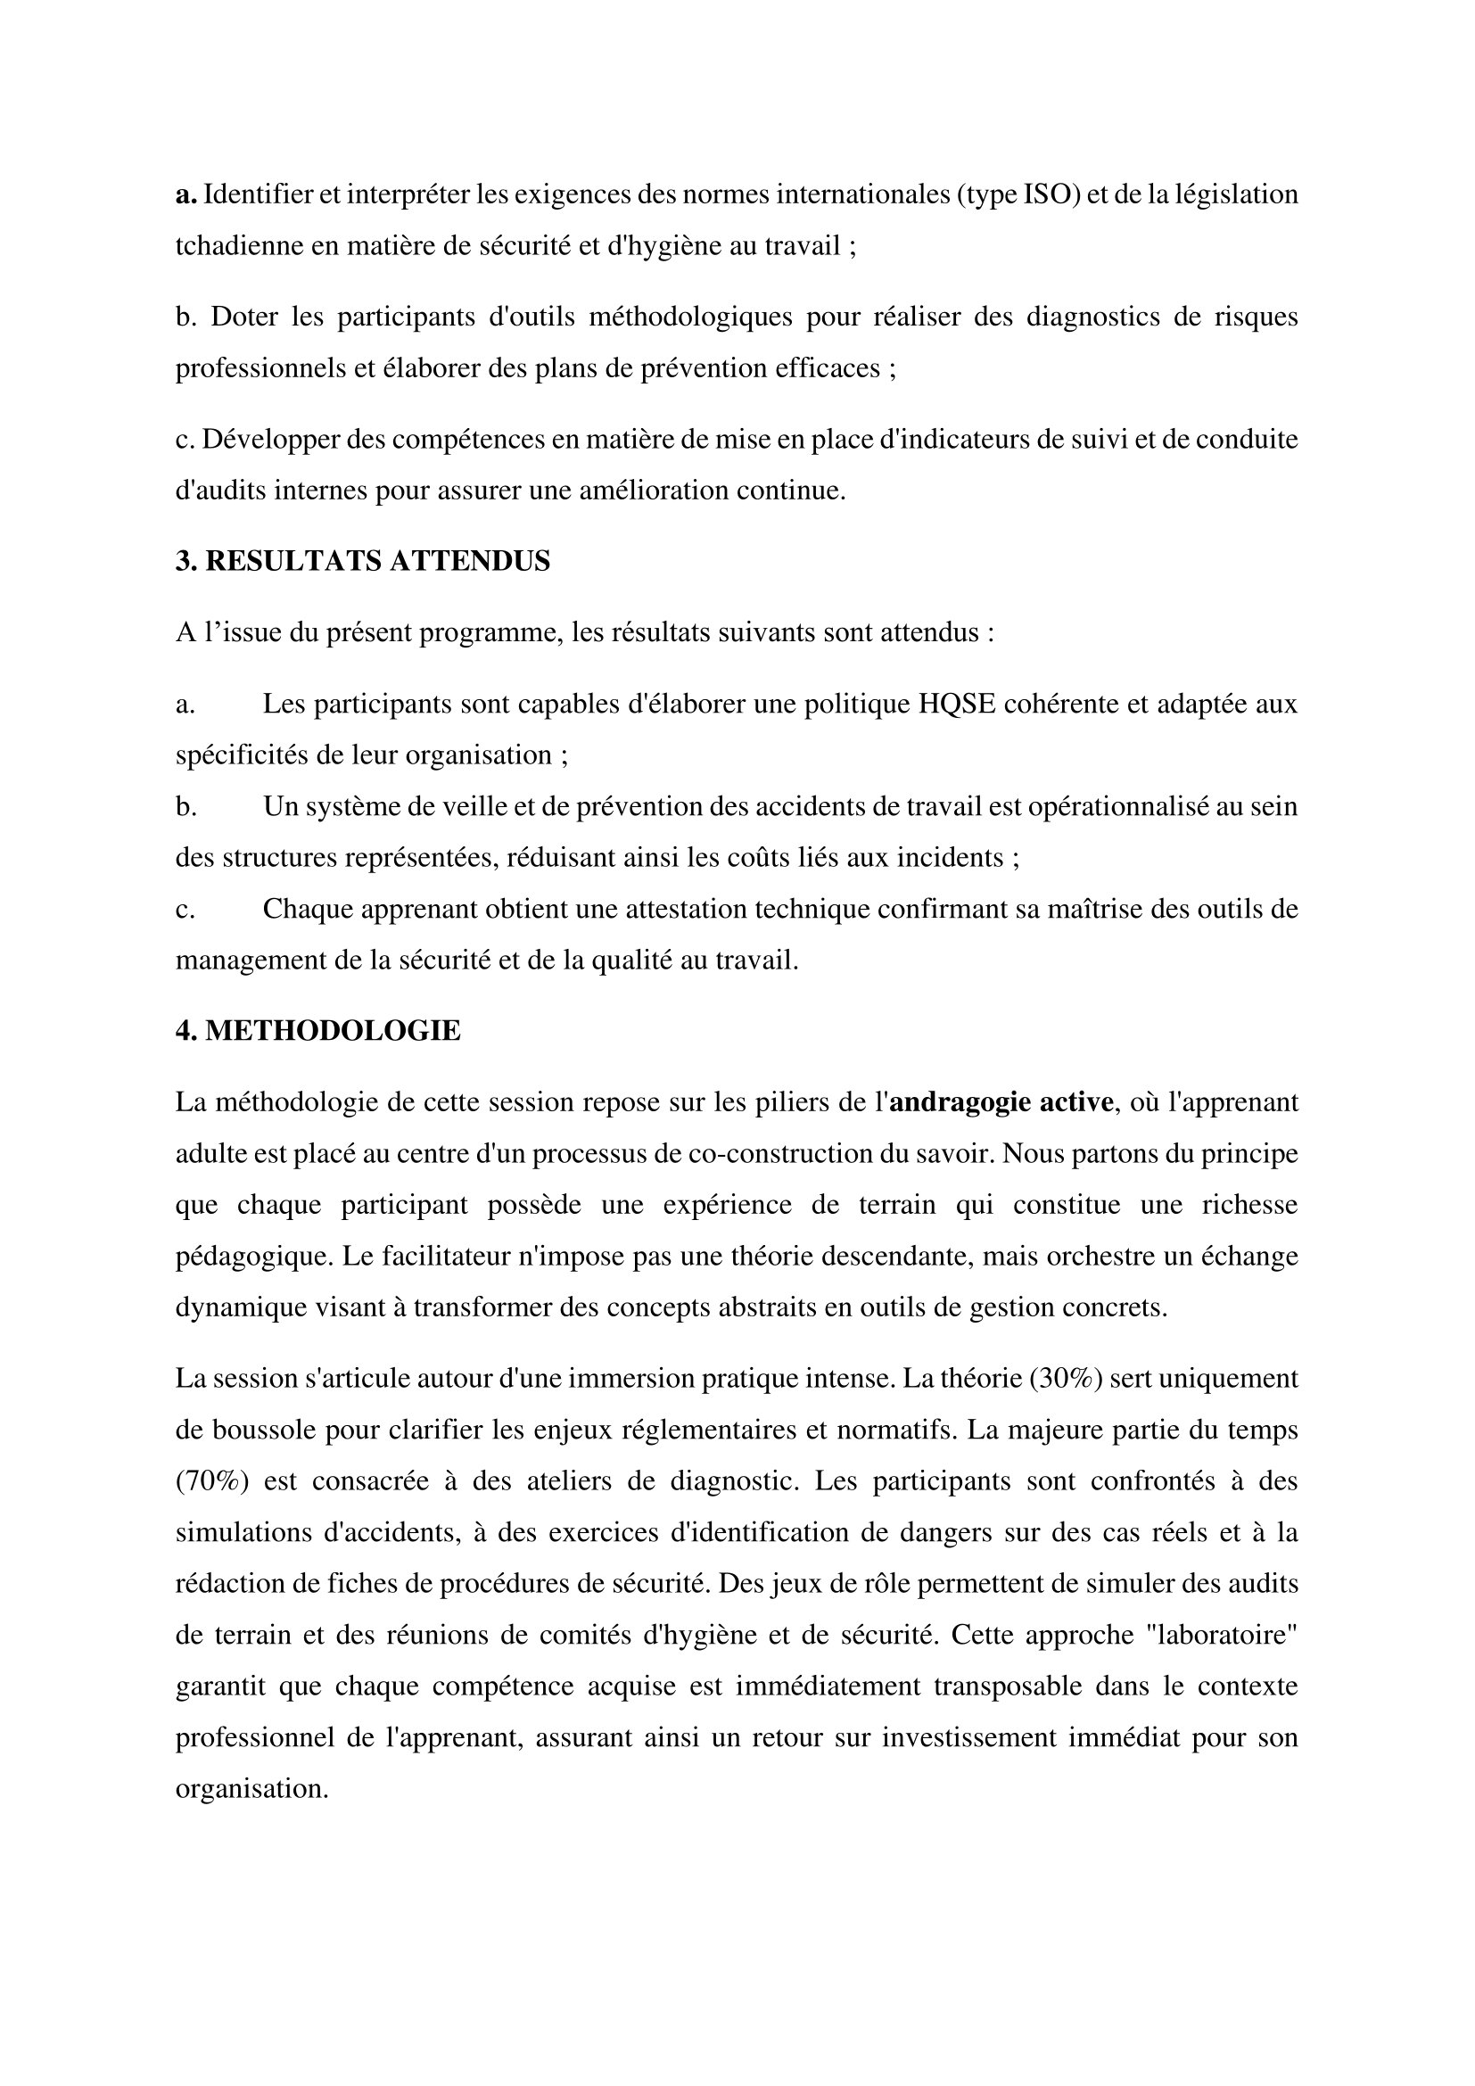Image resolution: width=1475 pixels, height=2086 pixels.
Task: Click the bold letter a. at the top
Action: [186, 194]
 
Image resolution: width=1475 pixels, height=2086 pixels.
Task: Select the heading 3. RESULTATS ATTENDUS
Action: [362, 561]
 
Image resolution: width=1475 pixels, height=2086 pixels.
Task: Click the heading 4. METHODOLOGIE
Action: [317, 1030]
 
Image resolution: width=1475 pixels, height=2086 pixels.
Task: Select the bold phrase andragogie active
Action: [1001, 1102]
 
